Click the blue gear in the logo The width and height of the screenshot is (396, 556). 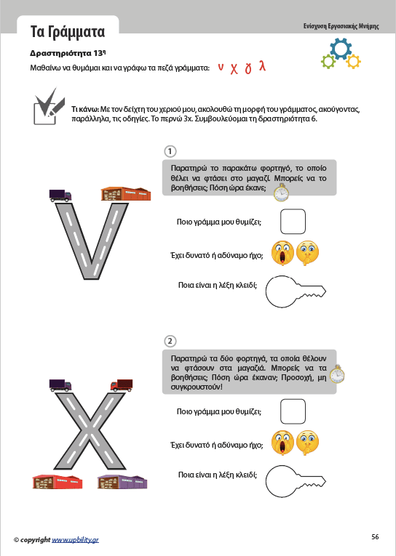click(x=341, y=49)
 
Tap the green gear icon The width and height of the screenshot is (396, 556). click(x=328, y=61)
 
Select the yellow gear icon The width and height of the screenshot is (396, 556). click(x=353, y=61)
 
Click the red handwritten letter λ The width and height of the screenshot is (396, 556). click(x=262, y=65)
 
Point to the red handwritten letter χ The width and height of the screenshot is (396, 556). click(x=234, y=68)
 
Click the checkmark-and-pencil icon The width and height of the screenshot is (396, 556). click(x=49, y=106)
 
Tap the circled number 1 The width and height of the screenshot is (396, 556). click(x=170, y=151)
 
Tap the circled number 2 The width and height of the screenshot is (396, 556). click(x=170, y=341)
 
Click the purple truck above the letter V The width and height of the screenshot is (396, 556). click(x=60, y=196)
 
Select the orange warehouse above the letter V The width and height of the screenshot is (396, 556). click(x=126, y=193)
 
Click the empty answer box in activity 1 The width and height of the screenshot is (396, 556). click(x=293, y=222)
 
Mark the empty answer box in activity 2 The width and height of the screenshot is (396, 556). click(x=293, y=411)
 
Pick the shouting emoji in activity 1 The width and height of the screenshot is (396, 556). click(x=282, y=253)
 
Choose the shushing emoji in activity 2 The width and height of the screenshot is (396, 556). click(x=307, y=443)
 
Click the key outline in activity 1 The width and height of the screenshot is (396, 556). click(x=296, y=291)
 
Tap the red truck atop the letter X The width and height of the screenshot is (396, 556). click(x=122, y=385)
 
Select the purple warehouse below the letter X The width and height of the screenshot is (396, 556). click(x=122, y=483)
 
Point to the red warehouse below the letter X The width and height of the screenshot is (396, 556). click(x=58, y=483)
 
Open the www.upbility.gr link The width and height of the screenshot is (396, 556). click(x=75, y=540)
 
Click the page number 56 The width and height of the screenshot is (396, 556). click(x=375, y=537)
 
